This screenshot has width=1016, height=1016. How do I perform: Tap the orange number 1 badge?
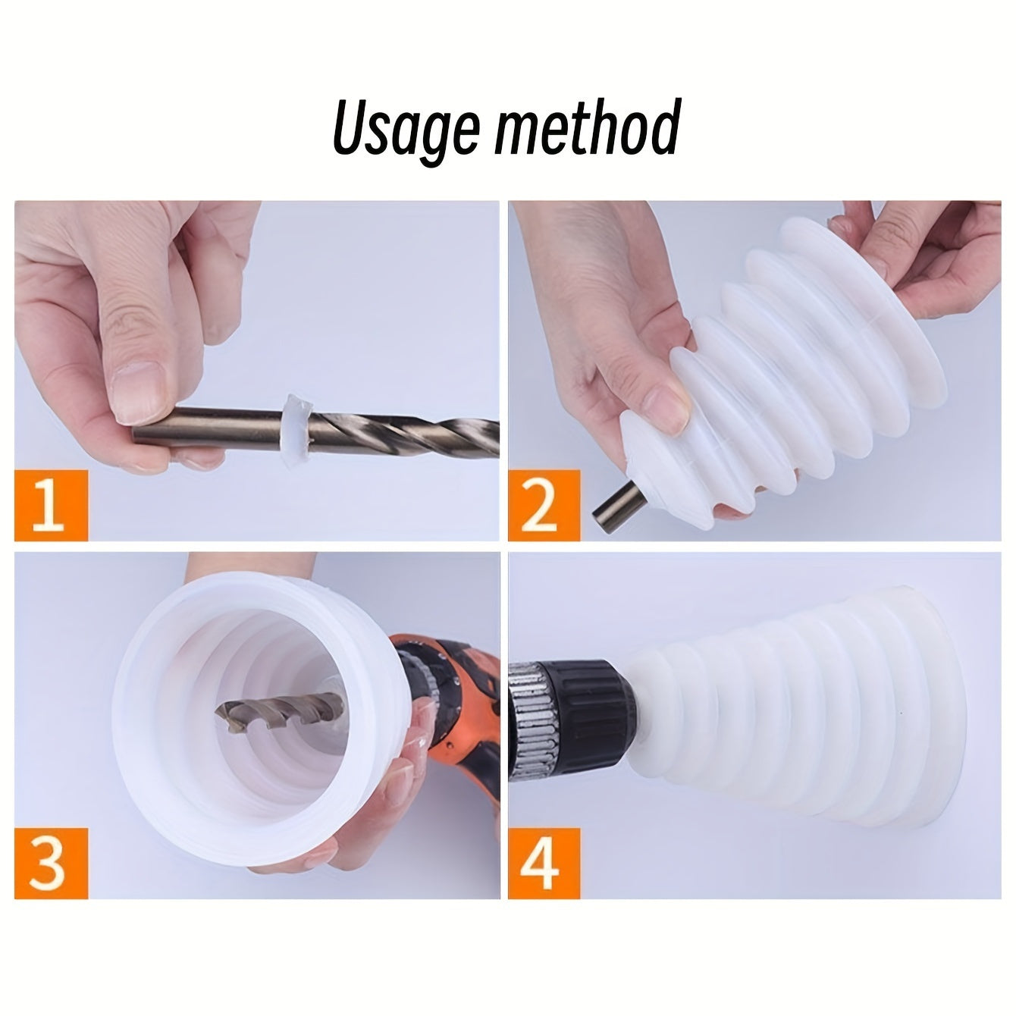coord(52,504)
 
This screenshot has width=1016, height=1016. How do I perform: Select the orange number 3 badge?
coord(52,862)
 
